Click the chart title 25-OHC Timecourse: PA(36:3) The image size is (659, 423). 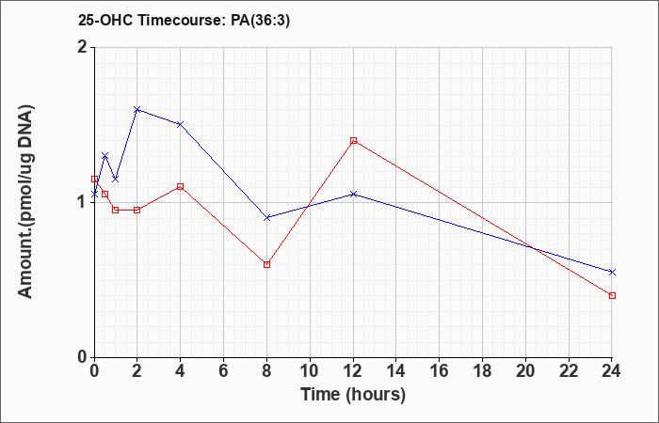[x=184, y=21]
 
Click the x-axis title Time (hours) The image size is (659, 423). [x=353, y=395]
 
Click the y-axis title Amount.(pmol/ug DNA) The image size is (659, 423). [x=26, y=202]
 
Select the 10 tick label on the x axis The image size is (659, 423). [x=310, y=371]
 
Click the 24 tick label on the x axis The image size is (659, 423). [x=612, y=371]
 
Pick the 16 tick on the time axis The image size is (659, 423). [x=440, y=371]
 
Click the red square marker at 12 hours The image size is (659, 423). [x=353, y=141]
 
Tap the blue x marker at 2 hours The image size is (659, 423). [x=137, y=110]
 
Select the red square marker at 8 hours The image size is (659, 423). [x=266, y=264]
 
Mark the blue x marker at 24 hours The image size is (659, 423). [x=612, y=272]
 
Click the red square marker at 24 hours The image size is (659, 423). [x=612, y=295]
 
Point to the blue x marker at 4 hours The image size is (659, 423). [x=181, y=124]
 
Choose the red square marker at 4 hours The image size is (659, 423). [x=181, y=186]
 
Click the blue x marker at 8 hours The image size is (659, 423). [x=266, y=218]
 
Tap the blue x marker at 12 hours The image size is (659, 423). [x=353, y=195]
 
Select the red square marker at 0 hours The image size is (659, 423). [x=94, y=179]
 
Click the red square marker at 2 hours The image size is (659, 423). [x=137, y=210]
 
